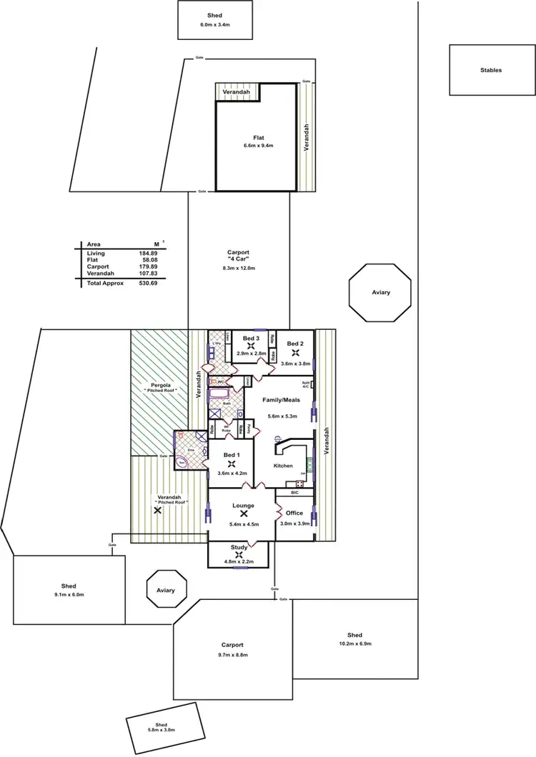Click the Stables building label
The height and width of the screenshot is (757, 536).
click(491, 70)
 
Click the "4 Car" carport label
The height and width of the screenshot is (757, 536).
click(239, 261)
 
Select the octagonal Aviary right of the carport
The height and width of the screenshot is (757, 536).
click(380, 294)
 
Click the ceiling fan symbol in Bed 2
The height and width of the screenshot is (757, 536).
click(294, 353)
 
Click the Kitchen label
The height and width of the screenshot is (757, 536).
click(284, 466)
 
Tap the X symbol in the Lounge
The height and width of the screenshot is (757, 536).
click(244, 513)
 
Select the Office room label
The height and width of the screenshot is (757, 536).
click(294, 513)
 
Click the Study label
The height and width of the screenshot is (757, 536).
click(239, 548)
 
